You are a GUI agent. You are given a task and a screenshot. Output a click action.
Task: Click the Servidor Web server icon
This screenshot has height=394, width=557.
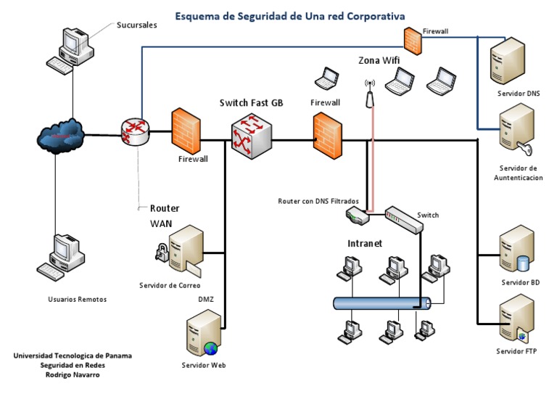(203, 333)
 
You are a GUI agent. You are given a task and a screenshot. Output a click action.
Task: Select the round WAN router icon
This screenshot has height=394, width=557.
(135, 132)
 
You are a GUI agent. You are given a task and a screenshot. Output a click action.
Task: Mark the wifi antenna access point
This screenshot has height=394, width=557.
(370, 93)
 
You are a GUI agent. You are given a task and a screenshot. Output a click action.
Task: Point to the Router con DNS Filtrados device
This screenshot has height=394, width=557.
(358, 215)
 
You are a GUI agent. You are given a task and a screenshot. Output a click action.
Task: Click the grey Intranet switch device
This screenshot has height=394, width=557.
(403, 218)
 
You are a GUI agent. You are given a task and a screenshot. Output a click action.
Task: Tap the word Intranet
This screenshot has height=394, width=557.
(365, 243)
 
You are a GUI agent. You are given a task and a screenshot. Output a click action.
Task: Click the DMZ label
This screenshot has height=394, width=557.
(206, 299)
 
